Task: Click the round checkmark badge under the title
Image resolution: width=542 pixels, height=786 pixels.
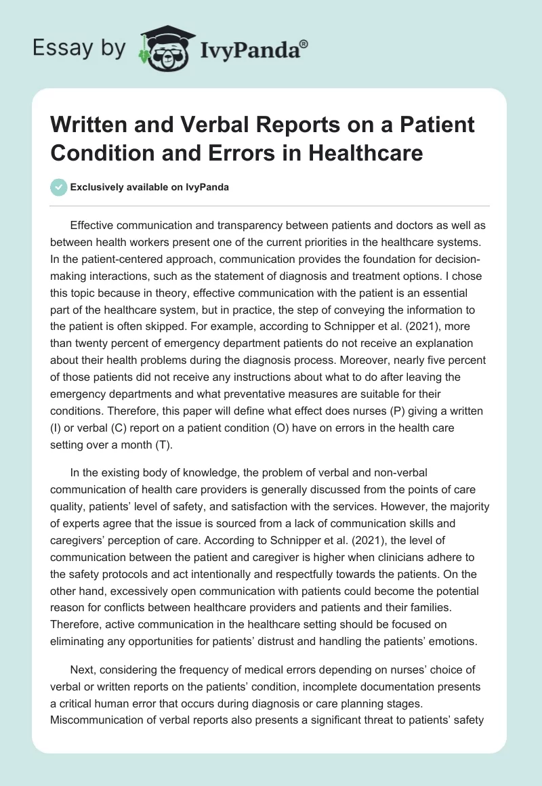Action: click(59, 187)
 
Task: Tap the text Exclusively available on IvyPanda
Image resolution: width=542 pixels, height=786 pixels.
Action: click(149, 187)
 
